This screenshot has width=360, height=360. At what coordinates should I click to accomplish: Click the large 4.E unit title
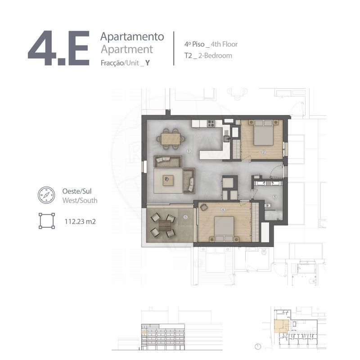(58, 48)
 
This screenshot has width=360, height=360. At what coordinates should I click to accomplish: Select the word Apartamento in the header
(132, 37)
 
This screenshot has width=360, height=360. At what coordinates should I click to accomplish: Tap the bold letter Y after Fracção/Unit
(148, 63)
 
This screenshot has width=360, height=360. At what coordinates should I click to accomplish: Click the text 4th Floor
(224, 44)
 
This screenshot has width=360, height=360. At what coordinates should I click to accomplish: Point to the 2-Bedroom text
(215, 55)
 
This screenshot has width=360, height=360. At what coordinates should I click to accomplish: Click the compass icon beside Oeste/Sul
(46, 195)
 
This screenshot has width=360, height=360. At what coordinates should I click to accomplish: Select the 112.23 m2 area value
(80, 221)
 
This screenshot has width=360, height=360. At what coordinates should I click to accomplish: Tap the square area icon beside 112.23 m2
(47, 221)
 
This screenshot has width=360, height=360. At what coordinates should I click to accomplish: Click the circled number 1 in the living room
(189, 151)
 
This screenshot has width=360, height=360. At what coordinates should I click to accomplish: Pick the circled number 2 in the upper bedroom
(264, 152)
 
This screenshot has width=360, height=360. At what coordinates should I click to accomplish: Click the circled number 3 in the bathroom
(274, 197)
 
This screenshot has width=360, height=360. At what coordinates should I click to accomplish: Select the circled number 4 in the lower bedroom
(223, 209)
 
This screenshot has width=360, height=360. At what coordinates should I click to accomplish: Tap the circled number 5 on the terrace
(185, 217)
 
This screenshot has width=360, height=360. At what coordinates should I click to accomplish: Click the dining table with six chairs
(171, 139)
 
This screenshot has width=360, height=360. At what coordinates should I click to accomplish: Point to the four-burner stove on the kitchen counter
(211, 123)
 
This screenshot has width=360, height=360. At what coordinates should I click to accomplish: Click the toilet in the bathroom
(268, 205)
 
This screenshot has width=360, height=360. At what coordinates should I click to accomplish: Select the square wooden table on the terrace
(165, 225)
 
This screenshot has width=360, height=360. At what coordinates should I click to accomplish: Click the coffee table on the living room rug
(168, 180)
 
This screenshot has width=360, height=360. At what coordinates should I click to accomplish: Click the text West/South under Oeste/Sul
(80, 200)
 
